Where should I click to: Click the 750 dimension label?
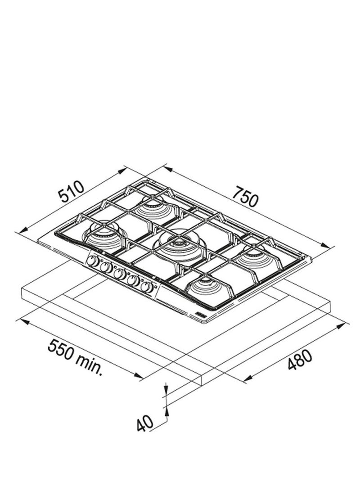[246, 196]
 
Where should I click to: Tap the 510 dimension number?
[72, 191]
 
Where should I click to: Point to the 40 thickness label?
[144, 423]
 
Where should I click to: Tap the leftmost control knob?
[93, 261]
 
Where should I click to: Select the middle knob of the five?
[119, 273]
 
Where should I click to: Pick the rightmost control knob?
[147, 287]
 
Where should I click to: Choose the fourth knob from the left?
[134, 281]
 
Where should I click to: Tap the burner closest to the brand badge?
[205, 284]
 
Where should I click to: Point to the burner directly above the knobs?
[103, 234]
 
